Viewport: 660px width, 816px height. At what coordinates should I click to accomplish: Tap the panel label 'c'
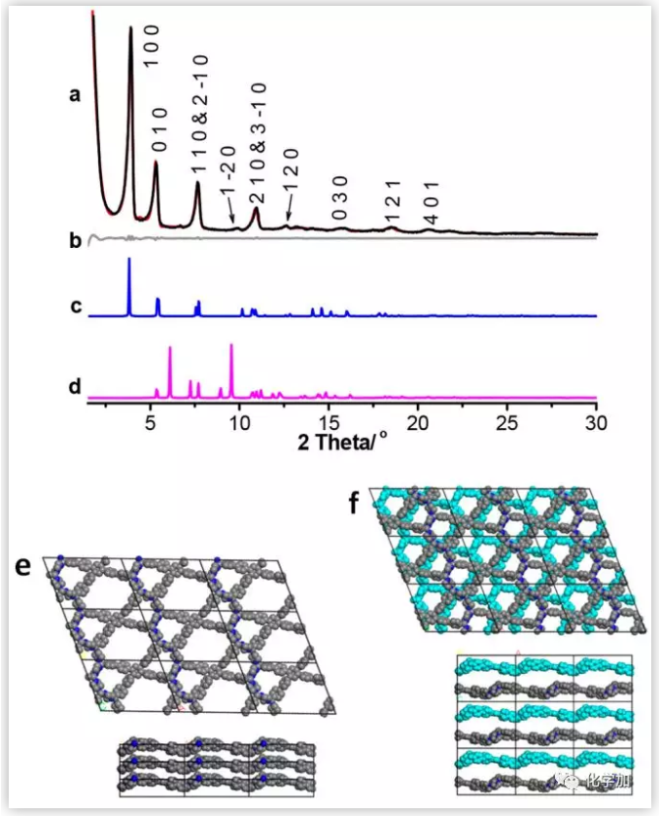tap(75, 307)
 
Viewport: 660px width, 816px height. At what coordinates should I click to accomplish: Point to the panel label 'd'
tap(75, 387)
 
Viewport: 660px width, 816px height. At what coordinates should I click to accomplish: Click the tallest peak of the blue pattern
tap(129, 262)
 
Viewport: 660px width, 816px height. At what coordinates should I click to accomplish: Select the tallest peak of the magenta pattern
tap(231, 346)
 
